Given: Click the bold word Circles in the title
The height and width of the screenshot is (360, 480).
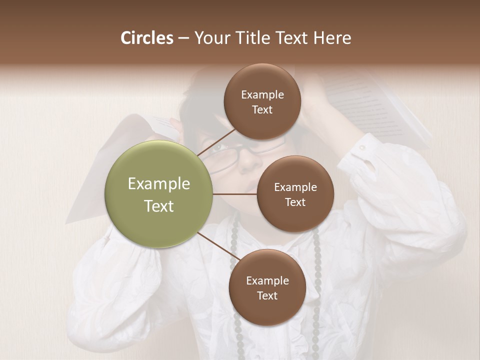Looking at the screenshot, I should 146,38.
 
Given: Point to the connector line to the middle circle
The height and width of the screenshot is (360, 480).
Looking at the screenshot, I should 234,193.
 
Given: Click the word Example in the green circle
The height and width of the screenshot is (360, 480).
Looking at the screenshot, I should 158,184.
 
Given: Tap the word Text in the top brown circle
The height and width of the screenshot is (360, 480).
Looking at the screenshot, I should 262,110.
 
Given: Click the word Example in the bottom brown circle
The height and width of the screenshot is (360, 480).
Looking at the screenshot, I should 267,280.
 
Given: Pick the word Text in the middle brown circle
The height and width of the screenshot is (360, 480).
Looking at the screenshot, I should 295,202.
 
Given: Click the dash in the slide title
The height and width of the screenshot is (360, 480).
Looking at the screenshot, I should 183,38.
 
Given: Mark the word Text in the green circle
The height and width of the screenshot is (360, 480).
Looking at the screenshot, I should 158,206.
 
